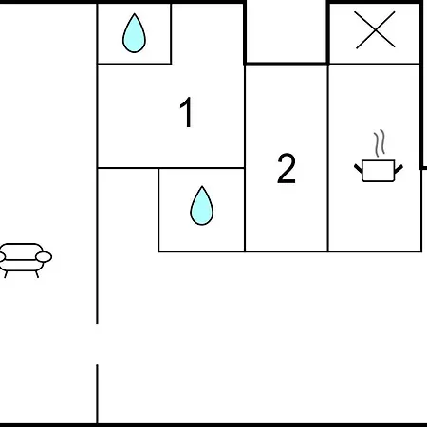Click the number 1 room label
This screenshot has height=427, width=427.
click(x=187, y=112)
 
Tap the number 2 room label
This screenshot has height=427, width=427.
click(x=287, y=168)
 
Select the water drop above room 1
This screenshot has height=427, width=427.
click(x=134, y=33)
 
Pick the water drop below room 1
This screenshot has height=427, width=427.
click(x=202, y=206)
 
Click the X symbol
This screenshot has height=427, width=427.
click(x=375, y=30)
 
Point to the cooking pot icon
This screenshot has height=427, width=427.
click(x=379, y=171)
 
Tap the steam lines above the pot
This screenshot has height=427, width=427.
click(x=380, y=143)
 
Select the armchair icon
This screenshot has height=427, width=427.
click(x=24, y=260)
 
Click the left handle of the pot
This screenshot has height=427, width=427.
click(x=358, y=169)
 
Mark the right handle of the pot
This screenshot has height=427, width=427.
click(x=399, y=169)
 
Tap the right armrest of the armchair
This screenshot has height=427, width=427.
click(x=44, y=257)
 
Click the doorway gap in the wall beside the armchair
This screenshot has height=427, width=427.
click(x=97, y=344)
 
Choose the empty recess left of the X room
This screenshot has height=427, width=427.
click(x=287, y=31)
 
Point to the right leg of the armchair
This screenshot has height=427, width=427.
click(x=37, y=274)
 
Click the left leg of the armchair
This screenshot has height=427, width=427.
click(x=6, y=274)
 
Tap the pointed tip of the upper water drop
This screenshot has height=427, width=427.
click(x=135, y=13)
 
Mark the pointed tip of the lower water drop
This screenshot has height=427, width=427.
click(x=202, y=186)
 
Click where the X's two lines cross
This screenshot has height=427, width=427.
click(x=375, y=30)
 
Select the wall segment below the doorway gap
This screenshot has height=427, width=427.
click(x=97, y=394)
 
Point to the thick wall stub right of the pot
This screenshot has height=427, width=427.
click(x=423, y=168)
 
